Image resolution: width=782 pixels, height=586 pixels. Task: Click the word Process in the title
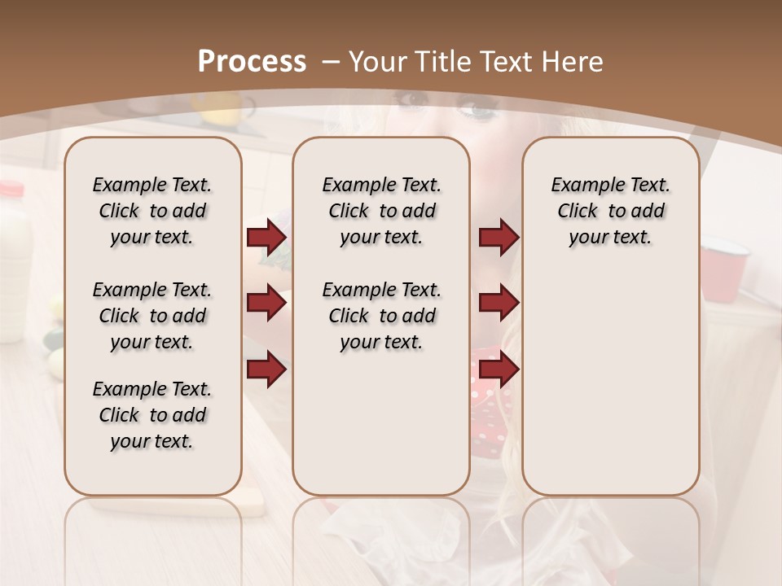[x=252, y=61]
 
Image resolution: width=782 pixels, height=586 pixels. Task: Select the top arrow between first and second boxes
[x=266, y=238]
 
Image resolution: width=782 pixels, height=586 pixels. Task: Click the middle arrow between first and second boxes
[x=266, y=303]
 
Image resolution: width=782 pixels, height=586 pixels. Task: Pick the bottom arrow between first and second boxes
[x=266, y=369]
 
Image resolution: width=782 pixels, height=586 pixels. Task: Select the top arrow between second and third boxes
[x=499, y=238]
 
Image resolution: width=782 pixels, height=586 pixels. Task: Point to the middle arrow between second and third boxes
[x=499, y=303]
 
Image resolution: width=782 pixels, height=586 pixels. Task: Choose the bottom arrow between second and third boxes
[x=499, y=369]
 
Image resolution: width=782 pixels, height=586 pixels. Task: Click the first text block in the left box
[x=152, y=211]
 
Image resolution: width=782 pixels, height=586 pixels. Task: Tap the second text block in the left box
[x=152, y=316]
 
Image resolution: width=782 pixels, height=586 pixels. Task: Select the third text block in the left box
[x=152, y=415]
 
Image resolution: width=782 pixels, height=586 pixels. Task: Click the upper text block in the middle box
[x=381, y=211]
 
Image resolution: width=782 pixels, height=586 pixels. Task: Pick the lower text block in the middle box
[x=381, y=316]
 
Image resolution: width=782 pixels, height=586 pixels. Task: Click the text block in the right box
[x=610, y=211]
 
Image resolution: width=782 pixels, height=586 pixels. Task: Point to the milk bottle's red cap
[x=11, y=189]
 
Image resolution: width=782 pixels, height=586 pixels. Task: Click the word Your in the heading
[x=379, y=61]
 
